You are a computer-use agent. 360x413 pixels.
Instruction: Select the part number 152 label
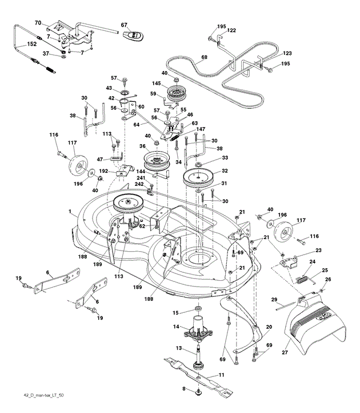point(32,44)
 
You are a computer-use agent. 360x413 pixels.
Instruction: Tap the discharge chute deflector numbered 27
point(315,324)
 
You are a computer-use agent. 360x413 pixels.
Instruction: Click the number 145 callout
point(157,84)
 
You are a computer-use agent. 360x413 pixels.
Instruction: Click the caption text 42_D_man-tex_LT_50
point(43,395)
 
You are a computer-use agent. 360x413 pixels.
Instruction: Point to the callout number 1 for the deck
point(70,212)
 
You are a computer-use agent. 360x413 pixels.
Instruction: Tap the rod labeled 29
point(286,306)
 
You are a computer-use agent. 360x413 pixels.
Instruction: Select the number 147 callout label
point(201,129)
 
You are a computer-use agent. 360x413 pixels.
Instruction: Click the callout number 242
point(139,184)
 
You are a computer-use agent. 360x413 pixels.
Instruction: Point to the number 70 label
point(38,23)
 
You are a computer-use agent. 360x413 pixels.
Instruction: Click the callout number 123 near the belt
point(287,53)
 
